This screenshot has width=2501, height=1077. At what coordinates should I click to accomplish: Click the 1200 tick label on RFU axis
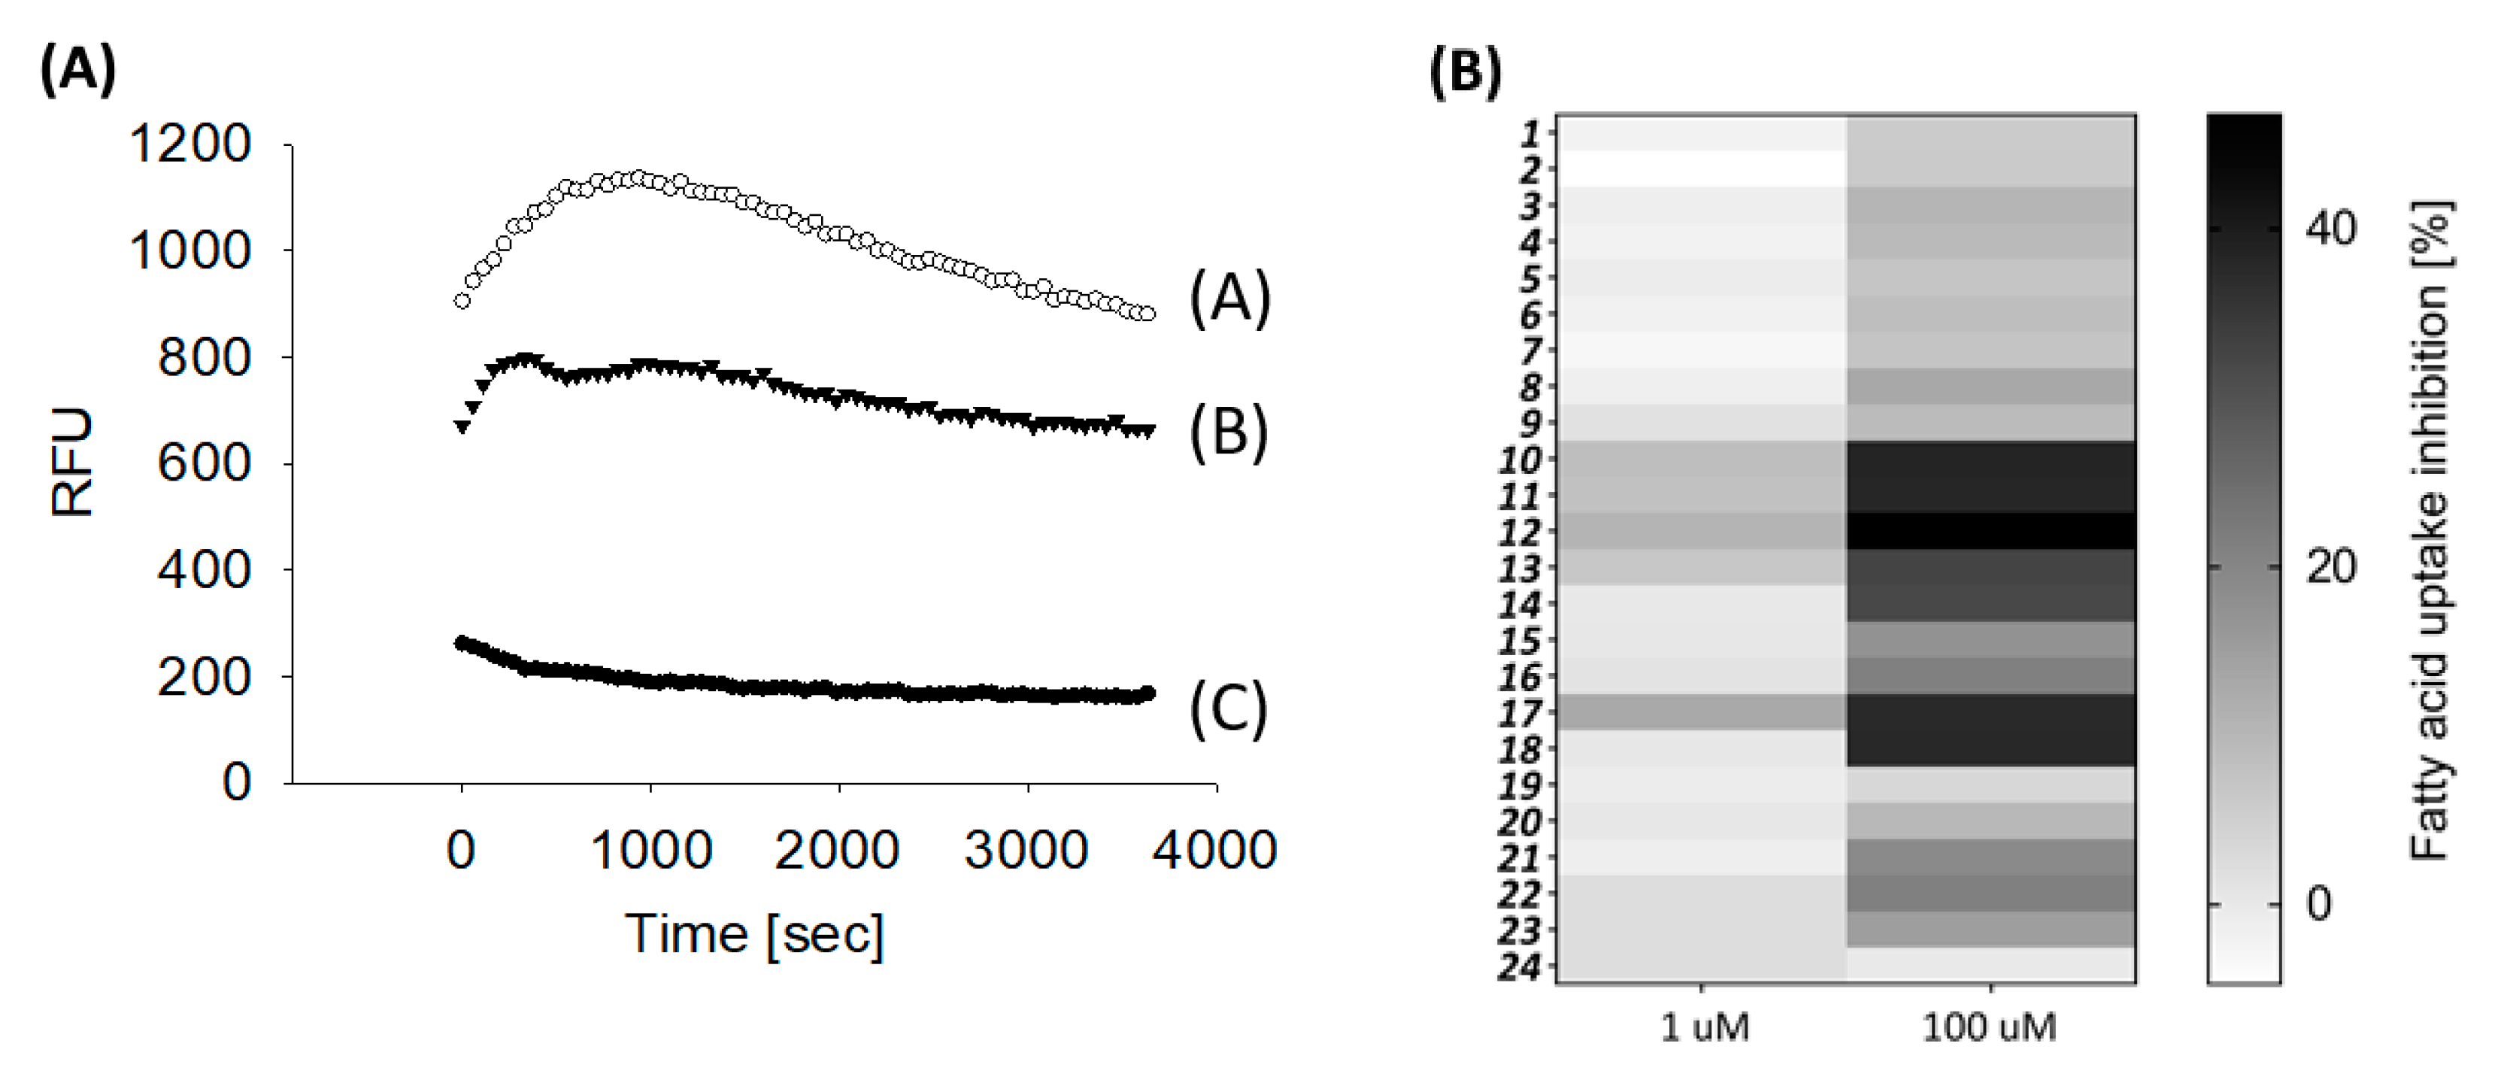(x=190, y=144)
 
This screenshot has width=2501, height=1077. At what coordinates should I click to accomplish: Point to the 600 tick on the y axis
(x=204, y=463)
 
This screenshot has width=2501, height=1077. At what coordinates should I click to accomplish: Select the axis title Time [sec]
(x=754, y=935)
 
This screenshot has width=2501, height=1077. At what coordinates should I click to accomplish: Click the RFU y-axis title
(x=72, y=463)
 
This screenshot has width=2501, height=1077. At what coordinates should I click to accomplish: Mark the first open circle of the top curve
(x=462, y=301)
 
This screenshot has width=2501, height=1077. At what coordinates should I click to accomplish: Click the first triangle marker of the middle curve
(x=462, y=426)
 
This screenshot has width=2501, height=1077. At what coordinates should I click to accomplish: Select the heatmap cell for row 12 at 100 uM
(x=1990, y=531)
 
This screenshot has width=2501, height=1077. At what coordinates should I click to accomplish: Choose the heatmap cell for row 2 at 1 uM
(x=1701, y=169)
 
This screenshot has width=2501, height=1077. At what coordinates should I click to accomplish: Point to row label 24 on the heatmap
(x=1520, y=967)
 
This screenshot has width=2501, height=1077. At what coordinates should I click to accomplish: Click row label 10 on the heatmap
(x=1520, y=460)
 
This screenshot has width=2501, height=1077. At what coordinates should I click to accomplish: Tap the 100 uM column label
(x=1990, y=1027)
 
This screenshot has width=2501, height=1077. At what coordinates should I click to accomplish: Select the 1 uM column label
(x=1705, y=1027)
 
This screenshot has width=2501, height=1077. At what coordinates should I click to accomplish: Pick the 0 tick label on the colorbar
(x=2318, y=904)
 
